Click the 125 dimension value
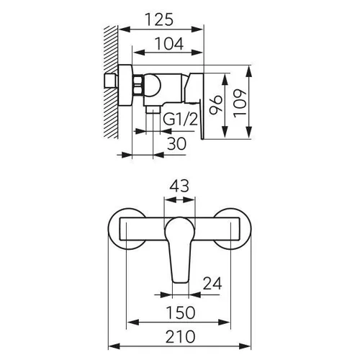coord(159,19)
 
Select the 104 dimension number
coord(169,44)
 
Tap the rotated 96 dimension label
coord(215,104)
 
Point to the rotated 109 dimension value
coord(240,104)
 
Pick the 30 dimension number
coord(176,143)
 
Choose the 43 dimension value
coord(179,186)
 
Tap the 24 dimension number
coord(212,284)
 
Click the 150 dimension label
coord(181,312)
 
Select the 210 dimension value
coord(181,336)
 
